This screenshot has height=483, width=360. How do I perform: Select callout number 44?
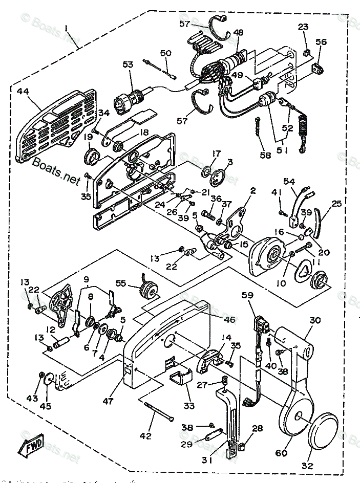click(x=23, y=92)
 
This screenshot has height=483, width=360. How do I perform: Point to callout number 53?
click(x=128, y=64)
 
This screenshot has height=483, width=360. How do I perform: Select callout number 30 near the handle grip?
click(x=315, y=321)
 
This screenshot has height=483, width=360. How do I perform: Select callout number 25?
click(x=336, y=204)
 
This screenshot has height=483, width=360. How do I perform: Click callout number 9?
click(x=87, y=279)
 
